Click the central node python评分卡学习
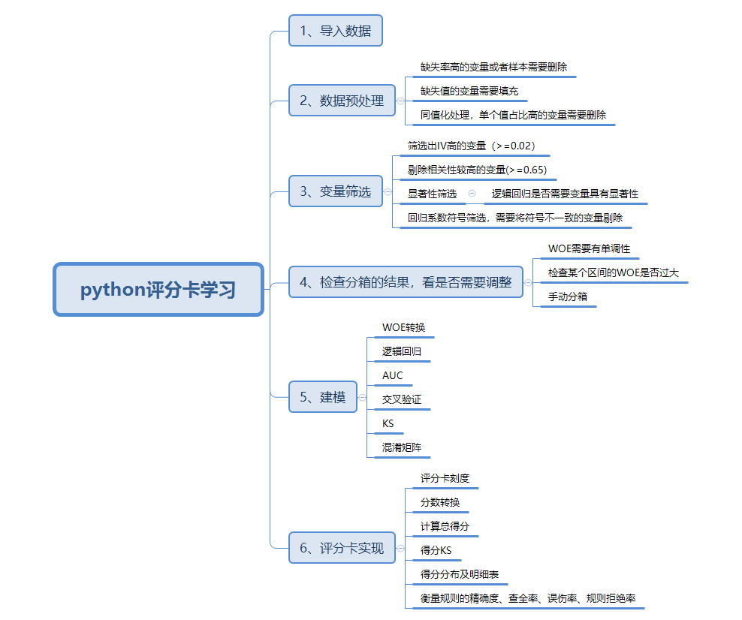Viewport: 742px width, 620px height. (158, 289)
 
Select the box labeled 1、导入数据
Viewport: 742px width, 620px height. (335, 31)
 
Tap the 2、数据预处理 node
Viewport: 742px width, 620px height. (342, 101)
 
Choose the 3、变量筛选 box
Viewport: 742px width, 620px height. (335, 191)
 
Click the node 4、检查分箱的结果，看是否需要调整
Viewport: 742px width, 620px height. (406, 282)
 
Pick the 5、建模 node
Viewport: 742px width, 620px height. (323, 397)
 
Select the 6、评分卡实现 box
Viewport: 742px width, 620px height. (342, 548)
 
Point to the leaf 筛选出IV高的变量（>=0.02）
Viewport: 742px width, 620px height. (471, 145)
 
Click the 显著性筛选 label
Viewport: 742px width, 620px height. (432, 194)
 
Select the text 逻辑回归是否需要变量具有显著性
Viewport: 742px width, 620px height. (565, 194)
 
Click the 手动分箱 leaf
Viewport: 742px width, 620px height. (567, 296)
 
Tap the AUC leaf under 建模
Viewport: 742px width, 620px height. (393, 375)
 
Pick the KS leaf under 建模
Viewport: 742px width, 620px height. (388, 423)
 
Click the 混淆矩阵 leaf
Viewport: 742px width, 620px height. (402, 447)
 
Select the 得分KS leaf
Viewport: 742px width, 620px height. (436, 551)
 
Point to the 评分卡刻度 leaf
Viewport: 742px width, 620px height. (445, 478)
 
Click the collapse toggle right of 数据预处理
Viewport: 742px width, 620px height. (400, 101)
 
